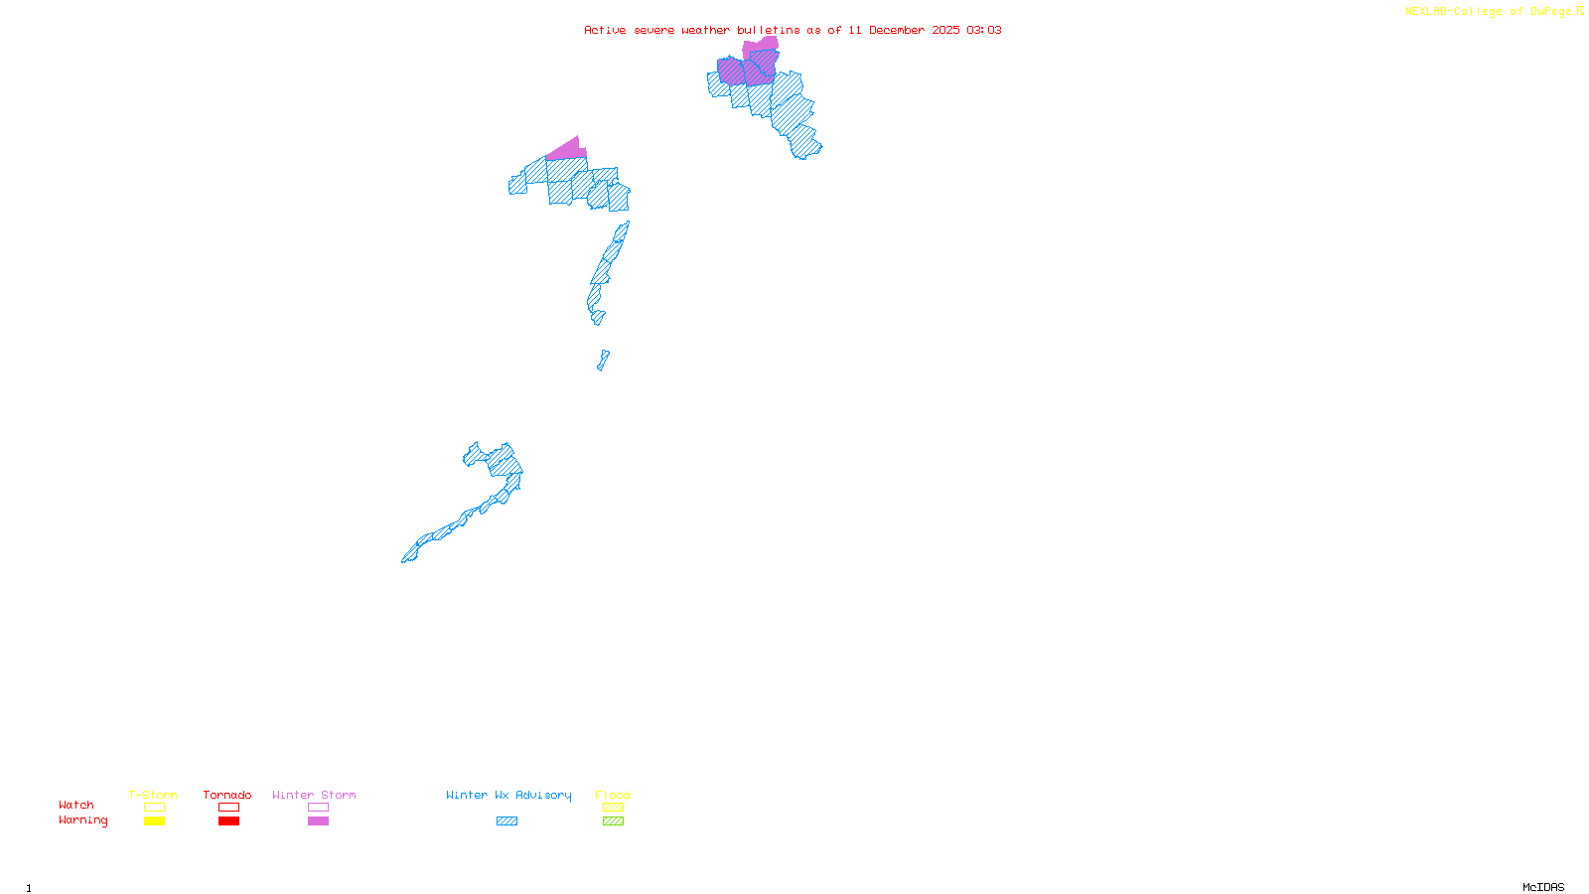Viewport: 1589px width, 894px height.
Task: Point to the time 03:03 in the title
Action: coord(983,30)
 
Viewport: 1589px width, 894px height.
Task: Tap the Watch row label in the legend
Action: coord(76,805)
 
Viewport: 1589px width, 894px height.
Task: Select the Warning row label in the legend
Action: coord(82,820)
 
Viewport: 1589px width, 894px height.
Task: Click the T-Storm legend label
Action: coord(153,795)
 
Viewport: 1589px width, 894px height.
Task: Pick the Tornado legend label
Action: coord(227,795)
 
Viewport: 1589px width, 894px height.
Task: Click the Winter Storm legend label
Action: coord(314,795)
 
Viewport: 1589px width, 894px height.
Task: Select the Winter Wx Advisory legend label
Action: coord(508,795)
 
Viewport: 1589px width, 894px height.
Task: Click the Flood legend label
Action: coord(613,795)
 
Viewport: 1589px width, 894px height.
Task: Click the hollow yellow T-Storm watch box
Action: coord(154,808)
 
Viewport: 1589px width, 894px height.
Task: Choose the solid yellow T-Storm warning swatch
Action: coord(154,821)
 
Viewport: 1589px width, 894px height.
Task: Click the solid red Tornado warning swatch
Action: coord(228,821)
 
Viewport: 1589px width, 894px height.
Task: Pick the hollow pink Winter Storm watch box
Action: coord(318,808)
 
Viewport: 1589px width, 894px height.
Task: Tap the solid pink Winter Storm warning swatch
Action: coord(318,821)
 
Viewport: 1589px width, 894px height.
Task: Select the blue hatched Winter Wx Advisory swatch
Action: coord(506,821)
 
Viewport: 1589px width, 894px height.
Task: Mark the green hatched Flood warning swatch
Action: coord(613,821)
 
